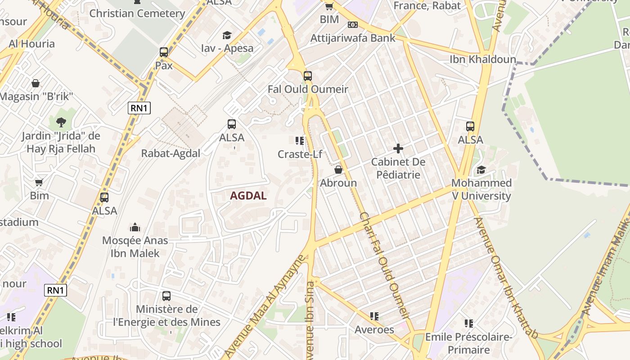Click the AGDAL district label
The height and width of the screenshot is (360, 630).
(248, 196)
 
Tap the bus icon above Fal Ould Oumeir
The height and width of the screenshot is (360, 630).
(308, 76)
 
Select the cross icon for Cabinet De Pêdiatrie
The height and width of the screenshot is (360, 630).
(398, 148)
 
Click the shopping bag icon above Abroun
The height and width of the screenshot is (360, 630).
(338, 170)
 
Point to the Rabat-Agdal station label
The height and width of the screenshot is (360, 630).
(171, 153)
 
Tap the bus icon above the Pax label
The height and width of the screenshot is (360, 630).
(164, 52)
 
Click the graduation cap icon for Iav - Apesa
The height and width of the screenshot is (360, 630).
(227, 35)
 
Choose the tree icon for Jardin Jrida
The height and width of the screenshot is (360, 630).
(61, 122)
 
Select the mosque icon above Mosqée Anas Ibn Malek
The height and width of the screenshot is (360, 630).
(135, 227)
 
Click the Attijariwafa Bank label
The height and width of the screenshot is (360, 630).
(353, 38)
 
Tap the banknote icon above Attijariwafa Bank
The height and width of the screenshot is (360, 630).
(353, 25)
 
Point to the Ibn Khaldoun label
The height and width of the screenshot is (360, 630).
(483, 59)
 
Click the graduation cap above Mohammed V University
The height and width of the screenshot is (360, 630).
(481, 170)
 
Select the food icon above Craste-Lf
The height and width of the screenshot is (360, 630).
(300, 141)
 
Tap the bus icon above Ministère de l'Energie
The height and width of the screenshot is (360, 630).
(166, 296)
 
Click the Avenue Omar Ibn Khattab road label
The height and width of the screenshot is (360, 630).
(505, 278)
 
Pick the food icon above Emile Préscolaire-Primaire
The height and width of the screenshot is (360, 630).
(468, 323)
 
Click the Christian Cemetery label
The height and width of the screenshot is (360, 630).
(137, 13)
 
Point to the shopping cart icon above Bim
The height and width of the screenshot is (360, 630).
(39, 182)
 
